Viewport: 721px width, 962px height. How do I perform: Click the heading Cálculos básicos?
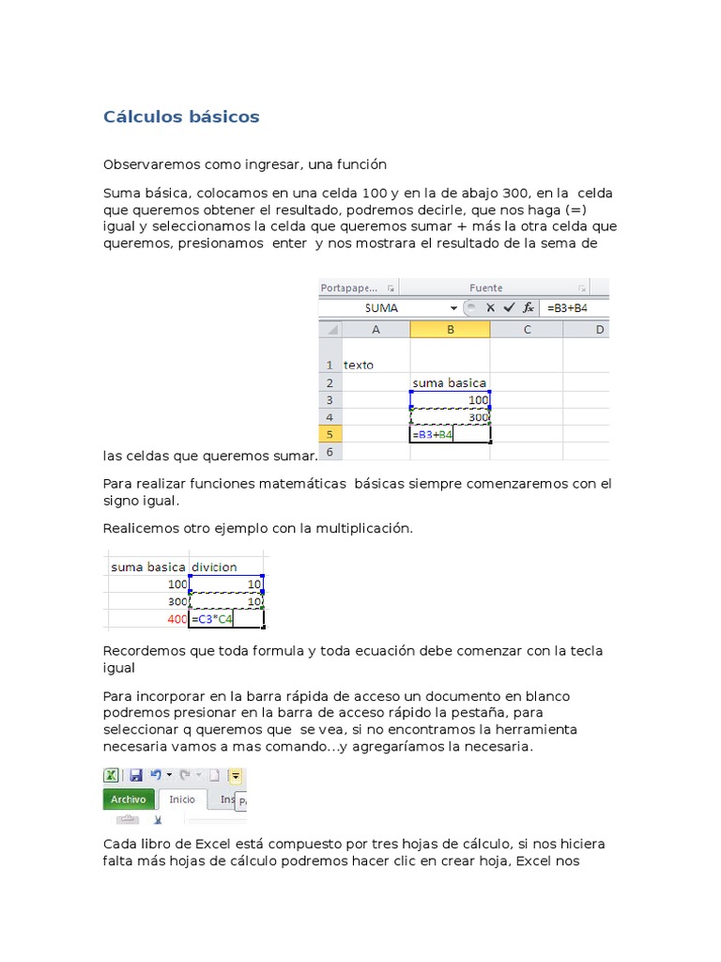181,117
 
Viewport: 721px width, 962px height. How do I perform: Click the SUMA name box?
381,307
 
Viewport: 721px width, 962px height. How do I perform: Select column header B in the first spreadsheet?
450,329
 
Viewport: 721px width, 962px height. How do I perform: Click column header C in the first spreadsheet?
527,329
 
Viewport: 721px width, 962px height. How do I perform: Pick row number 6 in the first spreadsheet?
330,451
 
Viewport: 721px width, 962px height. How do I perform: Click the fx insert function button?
529,307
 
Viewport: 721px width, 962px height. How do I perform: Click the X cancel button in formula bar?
490,307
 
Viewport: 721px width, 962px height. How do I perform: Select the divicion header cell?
225,566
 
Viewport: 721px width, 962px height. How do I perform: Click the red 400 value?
176,619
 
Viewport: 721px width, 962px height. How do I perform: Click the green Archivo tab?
129,799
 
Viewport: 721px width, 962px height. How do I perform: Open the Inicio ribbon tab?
182,799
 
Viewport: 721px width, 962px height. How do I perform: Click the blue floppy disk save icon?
135,775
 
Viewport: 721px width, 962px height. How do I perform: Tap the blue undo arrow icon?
156,775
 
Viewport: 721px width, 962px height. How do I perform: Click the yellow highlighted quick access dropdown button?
235,776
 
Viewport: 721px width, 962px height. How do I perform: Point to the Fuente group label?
486,287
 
